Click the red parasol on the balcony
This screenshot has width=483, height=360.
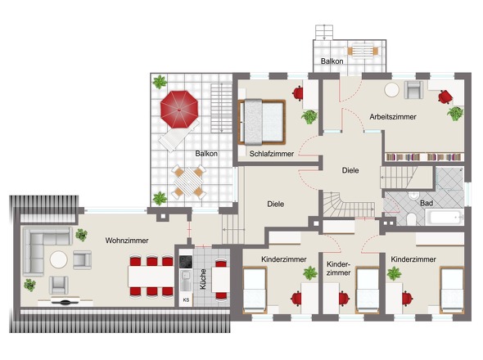[179, 109]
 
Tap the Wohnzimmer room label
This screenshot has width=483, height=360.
[127, 241]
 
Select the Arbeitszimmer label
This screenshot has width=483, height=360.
[393, 117]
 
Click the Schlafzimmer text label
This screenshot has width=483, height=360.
[271, 153]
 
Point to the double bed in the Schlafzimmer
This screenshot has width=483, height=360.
[262, 122]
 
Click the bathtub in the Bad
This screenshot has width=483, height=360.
[445, 217]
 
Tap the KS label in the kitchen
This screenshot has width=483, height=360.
[186, 299]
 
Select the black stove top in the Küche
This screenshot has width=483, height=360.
[186, 262]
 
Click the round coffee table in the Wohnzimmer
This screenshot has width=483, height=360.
[58, 259]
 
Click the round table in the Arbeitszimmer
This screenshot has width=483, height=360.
[391, 90]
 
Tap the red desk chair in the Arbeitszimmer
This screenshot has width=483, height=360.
[445, 97]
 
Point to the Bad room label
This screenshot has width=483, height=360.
[427, 203]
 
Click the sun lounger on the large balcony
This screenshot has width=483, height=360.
[178, 136]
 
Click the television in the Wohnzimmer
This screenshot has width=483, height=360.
[65, 301]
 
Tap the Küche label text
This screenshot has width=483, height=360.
[203, 279]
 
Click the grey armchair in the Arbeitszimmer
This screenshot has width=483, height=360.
[413, 90]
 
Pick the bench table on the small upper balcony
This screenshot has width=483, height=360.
[363, 51]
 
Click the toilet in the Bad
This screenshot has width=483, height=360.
[410, 219]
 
